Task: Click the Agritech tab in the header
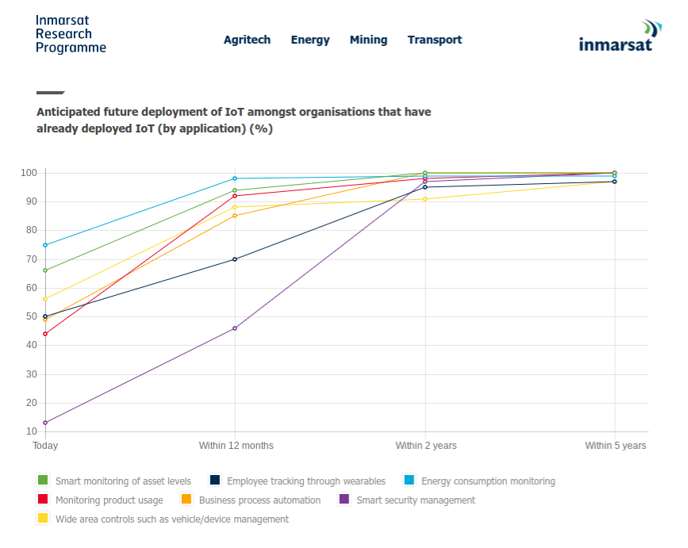point(247,40)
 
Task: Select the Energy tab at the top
point(310,40)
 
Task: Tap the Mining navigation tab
point(368,40)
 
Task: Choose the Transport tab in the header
point(434,40)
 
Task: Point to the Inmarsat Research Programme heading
point(71,34)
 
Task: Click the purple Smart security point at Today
point(45,423)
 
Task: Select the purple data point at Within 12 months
point(235,328)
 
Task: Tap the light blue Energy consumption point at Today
point(45,245)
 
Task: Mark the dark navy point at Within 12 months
point(235,259)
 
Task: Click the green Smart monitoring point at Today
point(45,270)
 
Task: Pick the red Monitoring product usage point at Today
point(45,334)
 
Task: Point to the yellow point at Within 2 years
point(425,199)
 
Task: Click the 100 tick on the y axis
point(29,173)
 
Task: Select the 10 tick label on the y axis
point(32,431)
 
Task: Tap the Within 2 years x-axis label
point(426,446)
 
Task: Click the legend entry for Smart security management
point(415,500)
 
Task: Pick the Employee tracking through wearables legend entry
point(306,481)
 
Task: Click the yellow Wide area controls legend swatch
point(43,519)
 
